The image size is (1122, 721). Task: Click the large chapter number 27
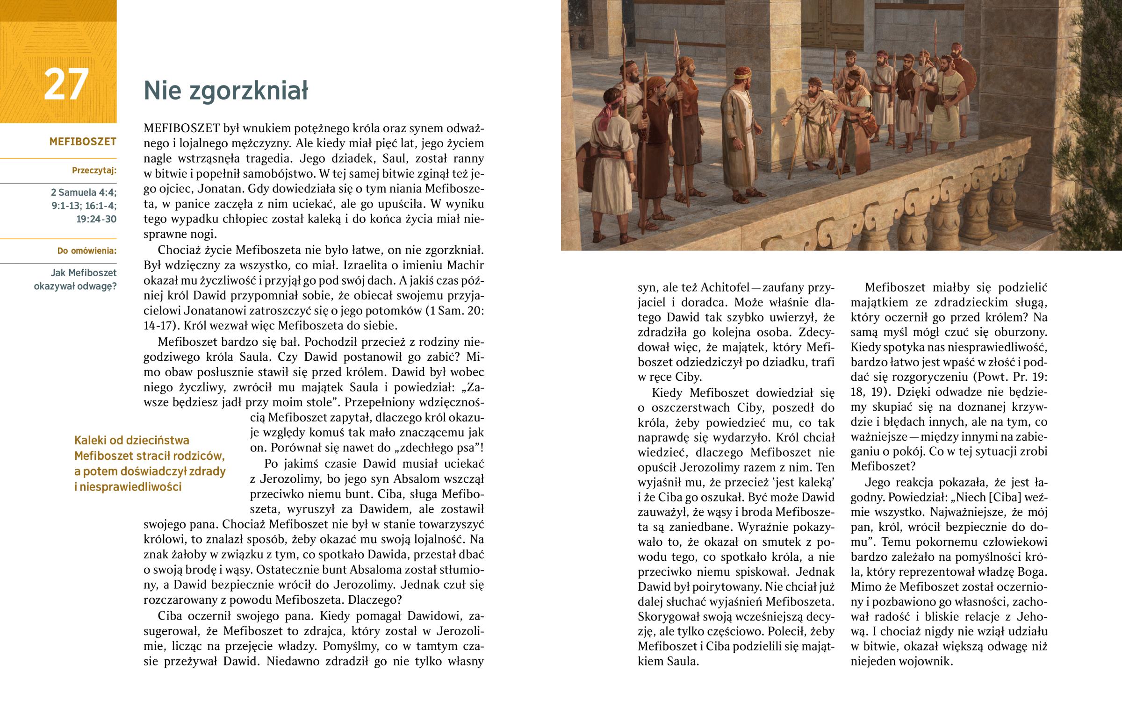pos(66,84)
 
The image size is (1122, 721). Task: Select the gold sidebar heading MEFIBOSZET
pos(82,142)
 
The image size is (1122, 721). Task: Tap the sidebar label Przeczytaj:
pos(94,171)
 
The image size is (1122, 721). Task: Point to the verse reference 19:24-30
pos(96,219)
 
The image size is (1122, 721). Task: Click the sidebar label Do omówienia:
pos(86,251)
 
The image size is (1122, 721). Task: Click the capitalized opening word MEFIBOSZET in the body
pos(182,128)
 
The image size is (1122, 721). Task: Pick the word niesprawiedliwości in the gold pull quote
pos(127,487)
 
